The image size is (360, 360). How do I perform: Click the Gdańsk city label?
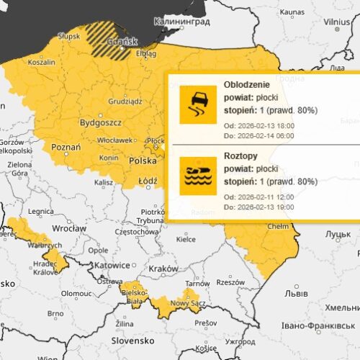(118, 42)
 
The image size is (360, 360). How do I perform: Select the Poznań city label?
(66, 147)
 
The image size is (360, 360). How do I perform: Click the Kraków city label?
(163, 268)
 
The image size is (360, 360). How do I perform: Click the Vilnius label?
(336, 22)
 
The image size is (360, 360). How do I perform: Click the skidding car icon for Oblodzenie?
(198, 104)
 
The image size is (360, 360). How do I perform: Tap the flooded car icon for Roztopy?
(198, 175)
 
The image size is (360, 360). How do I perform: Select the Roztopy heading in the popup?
(243, 155)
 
